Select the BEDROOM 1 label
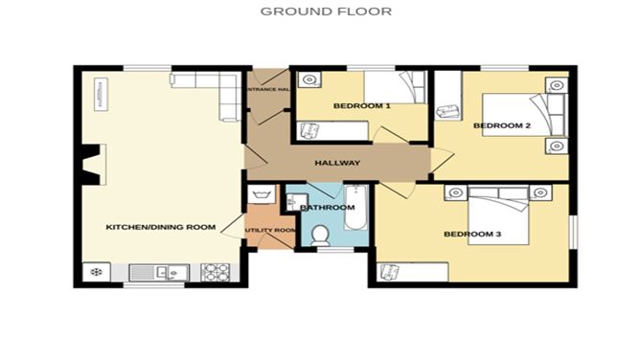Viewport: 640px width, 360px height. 361,105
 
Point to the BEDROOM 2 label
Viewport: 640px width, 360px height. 502,125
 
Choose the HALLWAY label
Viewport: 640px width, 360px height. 337,163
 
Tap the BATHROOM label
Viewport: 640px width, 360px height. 328,207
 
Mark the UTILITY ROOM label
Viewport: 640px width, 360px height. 270,231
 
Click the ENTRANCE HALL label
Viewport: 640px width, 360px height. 268,89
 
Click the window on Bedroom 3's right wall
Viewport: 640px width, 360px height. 573,233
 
